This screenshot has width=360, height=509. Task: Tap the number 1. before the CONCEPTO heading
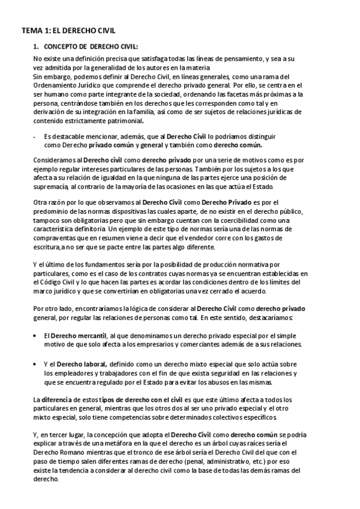pos(36,46)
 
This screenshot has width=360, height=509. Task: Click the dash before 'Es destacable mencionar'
pos(34,137)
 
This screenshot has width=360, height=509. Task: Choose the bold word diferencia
pos(57,399)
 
